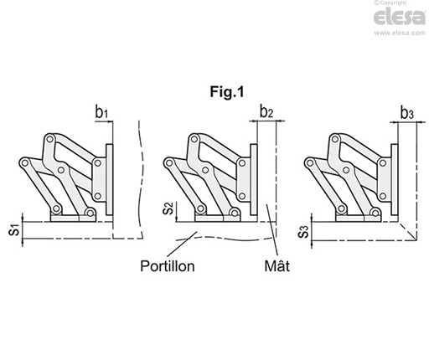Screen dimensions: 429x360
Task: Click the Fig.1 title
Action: pyautogui.click(x=227, y=92)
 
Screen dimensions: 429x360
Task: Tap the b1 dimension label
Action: pyautogui.click(x=101, y=113)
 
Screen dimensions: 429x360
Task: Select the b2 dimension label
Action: pyautogui.click(x=266, y=111)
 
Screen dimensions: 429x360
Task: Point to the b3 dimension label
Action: pyautogui.click(x=407, y=113)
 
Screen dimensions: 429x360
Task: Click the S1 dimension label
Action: pyautogui.click(x=14, y=229)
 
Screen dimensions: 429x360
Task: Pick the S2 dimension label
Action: pyautogui.click(x=168, y=208)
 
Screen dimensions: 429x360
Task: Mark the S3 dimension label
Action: pyautogui.click(x=303, y=232)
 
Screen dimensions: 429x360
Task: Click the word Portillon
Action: pyautogui.click(x=168, y=266)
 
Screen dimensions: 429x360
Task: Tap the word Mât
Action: pyautogui.click(x=277, y=265)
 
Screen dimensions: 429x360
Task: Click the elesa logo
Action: pyautogui.click(x=400, y=18)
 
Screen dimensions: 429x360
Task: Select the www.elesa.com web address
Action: pyautogui.click(x=400, y=33)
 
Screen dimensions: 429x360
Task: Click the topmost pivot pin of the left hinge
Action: pyautogui.click(x=50, y=139)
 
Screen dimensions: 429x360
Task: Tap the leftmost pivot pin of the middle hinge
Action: pyautogui.click(x=168, y=162)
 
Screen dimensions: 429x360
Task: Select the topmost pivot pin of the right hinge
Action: pyautogui.click(x=334, y=139)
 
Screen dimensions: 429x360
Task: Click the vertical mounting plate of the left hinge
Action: pyautogui.click(x=110, y=179)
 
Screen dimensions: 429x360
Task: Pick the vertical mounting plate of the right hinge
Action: pyautogui.click(x=395, y=179)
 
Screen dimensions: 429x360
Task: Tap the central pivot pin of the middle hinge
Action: pyautogui.click(x=205, y=170)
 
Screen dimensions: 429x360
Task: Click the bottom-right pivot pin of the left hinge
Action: pyautogui.click(x=90, y=213)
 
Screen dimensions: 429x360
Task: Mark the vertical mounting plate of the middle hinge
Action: pyautogui.click(x=254, y=179)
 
